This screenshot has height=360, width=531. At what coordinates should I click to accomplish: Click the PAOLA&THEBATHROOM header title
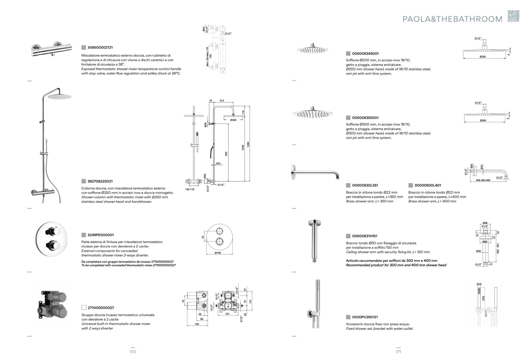(452, 19)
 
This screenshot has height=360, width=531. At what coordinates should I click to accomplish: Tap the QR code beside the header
(513, 16)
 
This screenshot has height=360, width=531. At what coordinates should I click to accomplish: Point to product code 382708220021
(100, 181)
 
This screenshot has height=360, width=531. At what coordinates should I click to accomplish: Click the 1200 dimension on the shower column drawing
(248, 144)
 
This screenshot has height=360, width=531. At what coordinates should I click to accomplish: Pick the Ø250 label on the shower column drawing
(233, 120)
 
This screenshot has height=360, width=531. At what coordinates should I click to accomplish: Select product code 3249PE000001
(101, 235)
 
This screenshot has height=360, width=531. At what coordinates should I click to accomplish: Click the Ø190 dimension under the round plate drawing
(219, 253)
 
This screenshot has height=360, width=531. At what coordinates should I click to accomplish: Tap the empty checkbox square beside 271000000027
(84, 308)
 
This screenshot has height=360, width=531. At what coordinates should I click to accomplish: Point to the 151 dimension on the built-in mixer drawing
(227, 314)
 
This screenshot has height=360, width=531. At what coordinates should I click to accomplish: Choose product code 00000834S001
(365, 53)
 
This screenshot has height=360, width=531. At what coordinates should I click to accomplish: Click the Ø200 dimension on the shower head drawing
(482, 57)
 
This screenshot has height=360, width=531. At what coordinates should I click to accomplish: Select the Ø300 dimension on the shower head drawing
(483, 121)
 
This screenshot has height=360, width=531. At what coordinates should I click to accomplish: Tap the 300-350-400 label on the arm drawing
(483, 180)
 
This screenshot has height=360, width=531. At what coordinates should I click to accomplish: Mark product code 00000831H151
(365, 236)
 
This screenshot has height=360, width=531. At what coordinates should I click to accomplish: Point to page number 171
(398, 352)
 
